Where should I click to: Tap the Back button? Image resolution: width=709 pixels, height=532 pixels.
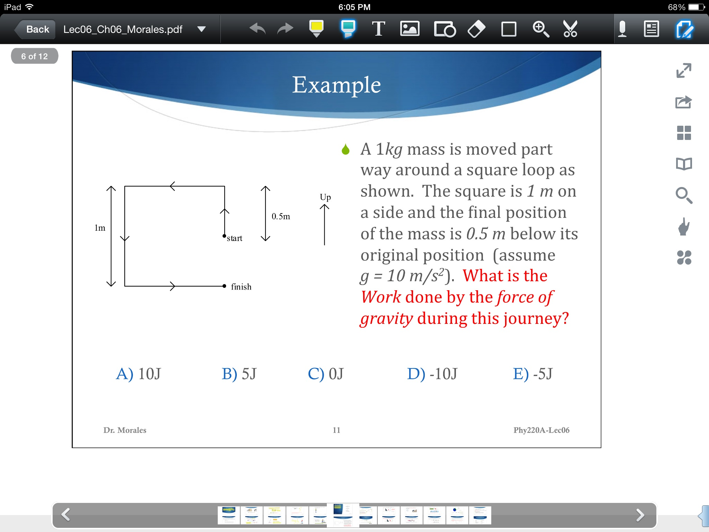tap(35, 29)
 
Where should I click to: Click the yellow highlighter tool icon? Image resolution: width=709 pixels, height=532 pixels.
tap(316, 29)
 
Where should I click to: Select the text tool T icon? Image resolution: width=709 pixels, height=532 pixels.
tap(378, 29)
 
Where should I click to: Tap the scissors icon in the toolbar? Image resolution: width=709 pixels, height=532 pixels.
tap(570, 29)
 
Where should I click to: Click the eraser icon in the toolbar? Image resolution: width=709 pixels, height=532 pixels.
tap(476, 29)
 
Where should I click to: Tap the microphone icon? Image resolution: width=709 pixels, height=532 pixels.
tap(622, 29)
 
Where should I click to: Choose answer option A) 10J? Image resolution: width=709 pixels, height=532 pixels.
tap(138, 374)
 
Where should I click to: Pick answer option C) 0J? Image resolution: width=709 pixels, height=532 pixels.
tap(326, 374)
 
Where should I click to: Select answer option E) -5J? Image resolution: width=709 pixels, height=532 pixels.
tap(533, 374)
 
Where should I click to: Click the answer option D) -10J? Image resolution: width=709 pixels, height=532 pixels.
tap(432, 374)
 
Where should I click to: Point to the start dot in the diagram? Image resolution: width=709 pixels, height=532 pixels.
tap(224, 236)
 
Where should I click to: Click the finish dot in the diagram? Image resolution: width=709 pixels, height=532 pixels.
tap(224, 286)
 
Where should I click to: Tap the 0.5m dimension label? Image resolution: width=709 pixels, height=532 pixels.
tap(281, 216)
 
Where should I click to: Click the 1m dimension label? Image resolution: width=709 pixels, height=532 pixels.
tap(100, 228)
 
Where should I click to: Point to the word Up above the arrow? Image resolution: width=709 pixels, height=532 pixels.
tap(325, 197)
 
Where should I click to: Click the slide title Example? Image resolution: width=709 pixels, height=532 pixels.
tap(336, 85)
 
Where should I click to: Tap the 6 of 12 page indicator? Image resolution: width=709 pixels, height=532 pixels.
tap(35, 56)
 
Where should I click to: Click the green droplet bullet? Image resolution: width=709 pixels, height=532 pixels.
tap(345, 149)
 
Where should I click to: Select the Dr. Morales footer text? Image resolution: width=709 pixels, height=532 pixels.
tap(125, 430)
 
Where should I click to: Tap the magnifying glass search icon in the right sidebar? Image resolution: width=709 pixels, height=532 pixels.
tap(684, 195)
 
